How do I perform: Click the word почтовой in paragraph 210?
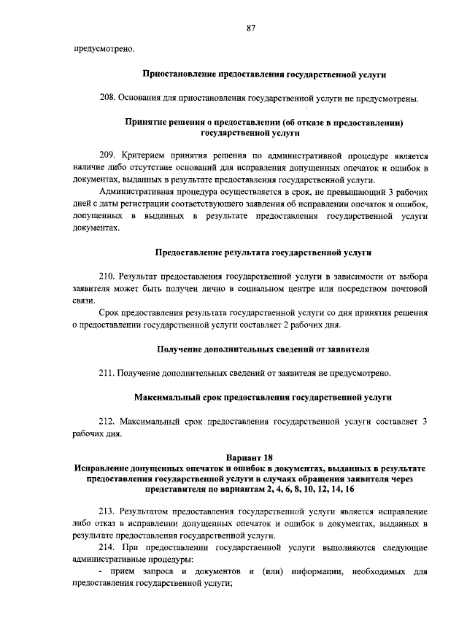point(409,288)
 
